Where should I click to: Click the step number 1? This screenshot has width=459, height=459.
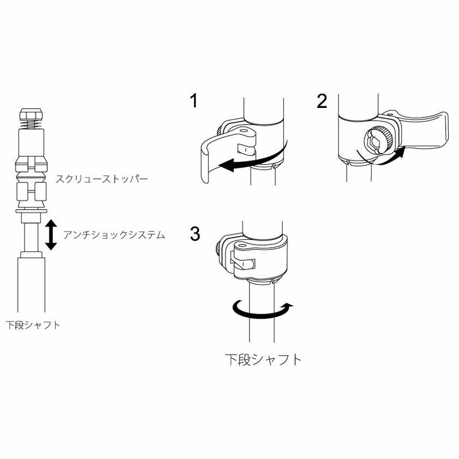(194, 101)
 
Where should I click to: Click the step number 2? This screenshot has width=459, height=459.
(322, 102)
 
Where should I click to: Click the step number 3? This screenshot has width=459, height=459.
(195, 234)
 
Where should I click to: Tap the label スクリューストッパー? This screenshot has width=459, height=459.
(102, 179)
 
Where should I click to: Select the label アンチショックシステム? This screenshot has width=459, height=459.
(114, 235)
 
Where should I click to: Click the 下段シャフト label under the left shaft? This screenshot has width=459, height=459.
(33, 325)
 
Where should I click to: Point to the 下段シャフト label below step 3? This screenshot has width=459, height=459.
(263, 360)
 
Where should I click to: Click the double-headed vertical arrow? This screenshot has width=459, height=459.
(51, 235)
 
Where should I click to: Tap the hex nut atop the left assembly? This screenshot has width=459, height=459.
(32, 114)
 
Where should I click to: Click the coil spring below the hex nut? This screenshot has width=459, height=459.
(32, 125)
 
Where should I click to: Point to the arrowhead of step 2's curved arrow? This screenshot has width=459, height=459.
(400, 152)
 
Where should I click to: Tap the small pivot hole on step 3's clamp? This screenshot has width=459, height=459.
(242, 245)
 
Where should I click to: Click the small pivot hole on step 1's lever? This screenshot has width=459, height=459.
(243, 129)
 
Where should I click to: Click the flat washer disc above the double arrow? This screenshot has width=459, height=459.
(31, 211)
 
